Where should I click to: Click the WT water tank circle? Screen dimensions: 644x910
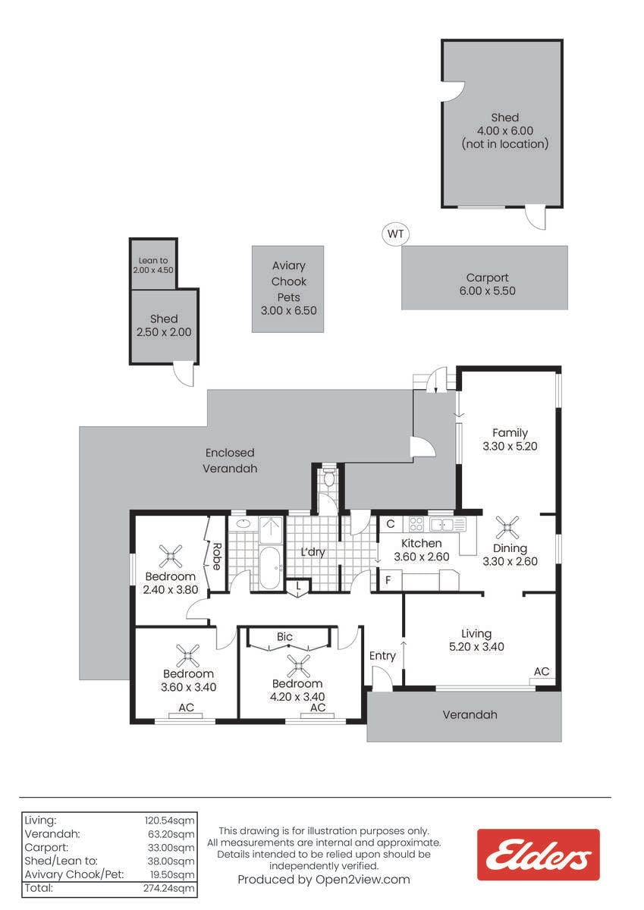point(395,234)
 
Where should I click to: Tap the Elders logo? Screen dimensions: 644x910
point(538,855)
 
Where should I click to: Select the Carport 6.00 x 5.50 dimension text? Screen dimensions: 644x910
point(487,291)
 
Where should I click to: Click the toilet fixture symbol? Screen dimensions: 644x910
point(328,478)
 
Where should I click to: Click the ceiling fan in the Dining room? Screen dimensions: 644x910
point(507,528)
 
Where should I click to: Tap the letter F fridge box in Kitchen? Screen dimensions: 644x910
point(389,580)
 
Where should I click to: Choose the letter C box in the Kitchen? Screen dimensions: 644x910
point(391,524)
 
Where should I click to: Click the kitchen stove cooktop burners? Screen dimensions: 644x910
point(416,524)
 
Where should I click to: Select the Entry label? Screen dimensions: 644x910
point(382,656)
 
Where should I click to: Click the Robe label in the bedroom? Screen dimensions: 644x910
point(216,556)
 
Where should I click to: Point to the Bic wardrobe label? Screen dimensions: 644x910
point(284,636)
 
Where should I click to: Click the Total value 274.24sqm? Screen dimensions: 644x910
point(168,888)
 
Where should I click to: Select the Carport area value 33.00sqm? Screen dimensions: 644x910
point(171,848)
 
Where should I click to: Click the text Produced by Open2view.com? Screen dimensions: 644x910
point(324,880)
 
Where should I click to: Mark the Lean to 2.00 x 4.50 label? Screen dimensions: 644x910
point(153,265)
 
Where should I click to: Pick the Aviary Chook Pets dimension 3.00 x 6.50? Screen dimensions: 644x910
point(288,311)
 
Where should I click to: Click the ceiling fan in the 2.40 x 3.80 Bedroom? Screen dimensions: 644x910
point(171,556)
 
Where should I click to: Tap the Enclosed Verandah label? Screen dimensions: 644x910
point(230,461)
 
